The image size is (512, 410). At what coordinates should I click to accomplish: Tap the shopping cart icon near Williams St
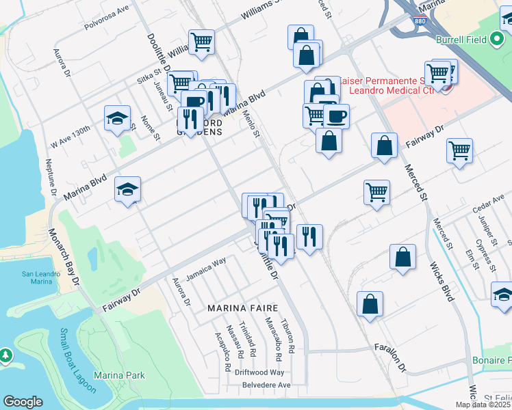[x=201, y=42]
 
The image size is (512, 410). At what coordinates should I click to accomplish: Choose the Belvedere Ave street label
[x=266, y=385]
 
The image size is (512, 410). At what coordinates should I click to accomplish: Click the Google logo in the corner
[x=23, y=401]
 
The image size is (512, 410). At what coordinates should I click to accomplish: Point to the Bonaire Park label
[x=492, y=360]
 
